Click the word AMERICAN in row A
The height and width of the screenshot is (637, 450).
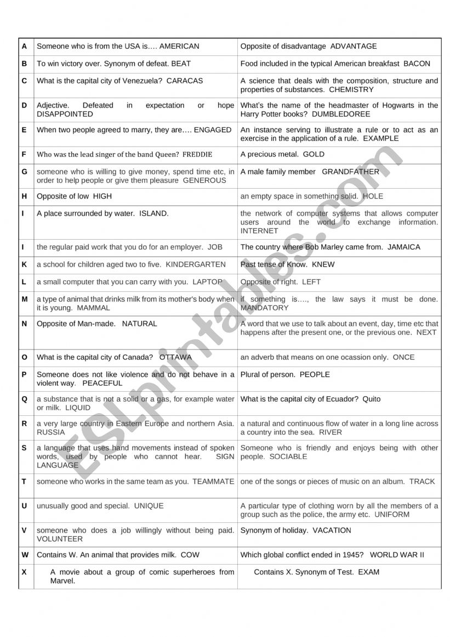pyautogui.click(x=179, y=47)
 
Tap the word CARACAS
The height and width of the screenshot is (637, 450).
pyautogui.click(x=185, y=81)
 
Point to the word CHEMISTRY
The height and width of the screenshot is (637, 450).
pyautogui.click(x=351, y=89)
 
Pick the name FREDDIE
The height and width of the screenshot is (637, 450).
pyautogui.click(x=197, y=154)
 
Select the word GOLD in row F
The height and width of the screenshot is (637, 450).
pyautogui.click(x=313, y=154)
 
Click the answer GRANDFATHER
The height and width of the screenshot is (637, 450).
pyautogui.click(x=350, y=172)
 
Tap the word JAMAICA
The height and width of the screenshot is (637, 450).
pyautogui.click(x=404, y=247)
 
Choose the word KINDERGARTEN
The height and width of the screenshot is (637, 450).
pyautogui.click(x=196, y=264)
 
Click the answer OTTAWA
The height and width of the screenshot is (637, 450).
pyautogui.click(x=175, y=357)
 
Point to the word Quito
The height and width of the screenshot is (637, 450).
pyautogui.click(x=372, y=399)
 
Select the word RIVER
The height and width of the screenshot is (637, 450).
pyautogui.click(x=330, y=432)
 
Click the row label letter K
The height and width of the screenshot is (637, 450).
pyautogui.click(x=24, y=264)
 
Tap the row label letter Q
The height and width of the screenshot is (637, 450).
pyautogui.click(x=24, y=399)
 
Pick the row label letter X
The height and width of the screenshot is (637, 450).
pyautogui.click(x=24, y=572)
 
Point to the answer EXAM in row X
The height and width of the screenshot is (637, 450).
pyautogui.click(x=369, y=572)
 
